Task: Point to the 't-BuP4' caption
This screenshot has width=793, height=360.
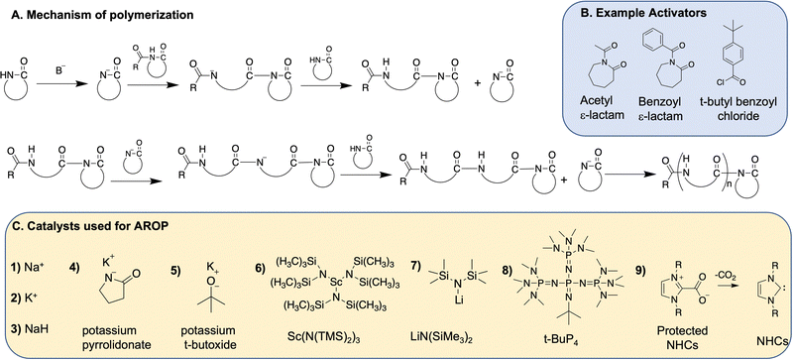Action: click(x=560, y=337)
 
